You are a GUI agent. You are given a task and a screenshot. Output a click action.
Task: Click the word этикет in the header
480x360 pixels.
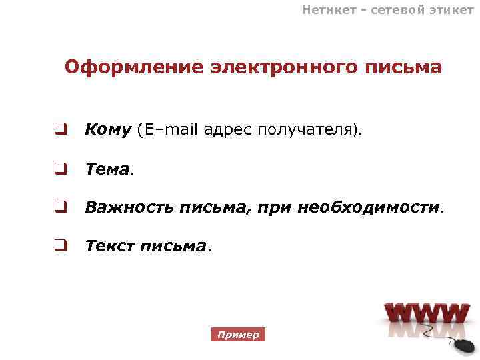point(450,9)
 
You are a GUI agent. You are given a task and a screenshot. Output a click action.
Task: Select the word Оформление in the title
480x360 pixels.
point(133,68)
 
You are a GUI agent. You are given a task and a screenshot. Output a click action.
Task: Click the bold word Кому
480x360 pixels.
point(108,129)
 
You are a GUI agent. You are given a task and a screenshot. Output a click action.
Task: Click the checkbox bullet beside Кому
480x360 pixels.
point(60,129)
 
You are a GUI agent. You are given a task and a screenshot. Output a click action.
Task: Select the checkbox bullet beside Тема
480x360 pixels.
point(60,169)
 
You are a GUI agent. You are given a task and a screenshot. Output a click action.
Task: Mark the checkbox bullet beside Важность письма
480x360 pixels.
point(60,207)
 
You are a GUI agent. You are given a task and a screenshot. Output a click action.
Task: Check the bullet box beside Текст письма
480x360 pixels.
point(60,246)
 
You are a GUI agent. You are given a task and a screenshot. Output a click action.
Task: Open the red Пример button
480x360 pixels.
point(238,335)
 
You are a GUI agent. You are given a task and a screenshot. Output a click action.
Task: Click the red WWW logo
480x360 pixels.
point(427,316)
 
